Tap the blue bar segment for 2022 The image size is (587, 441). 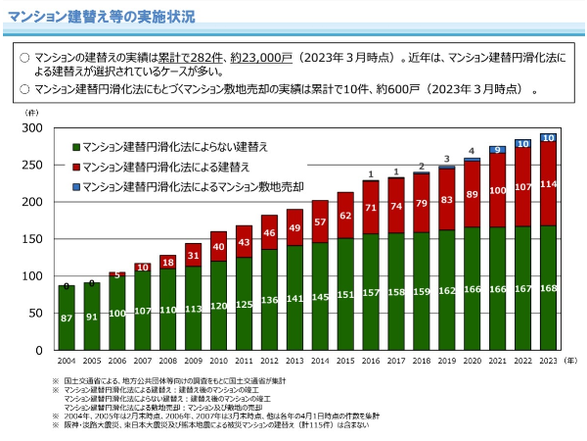[523, 143]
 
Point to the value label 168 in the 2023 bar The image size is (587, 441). [549, 288]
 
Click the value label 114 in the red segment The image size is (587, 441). [549, 184]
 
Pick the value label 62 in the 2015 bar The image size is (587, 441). [345, 216]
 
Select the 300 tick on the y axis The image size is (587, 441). [31, 128]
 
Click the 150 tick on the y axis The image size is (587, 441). [31, 239]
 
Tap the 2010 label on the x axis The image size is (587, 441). [218, 362]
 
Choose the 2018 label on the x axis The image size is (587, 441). [422, 362]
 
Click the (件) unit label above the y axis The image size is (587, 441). [29, 113]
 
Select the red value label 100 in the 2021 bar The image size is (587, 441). [498, 190]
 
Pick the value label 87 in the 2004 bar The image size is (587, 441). [66, 318]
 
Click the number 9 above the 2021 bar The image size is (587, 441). [498, 150]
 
